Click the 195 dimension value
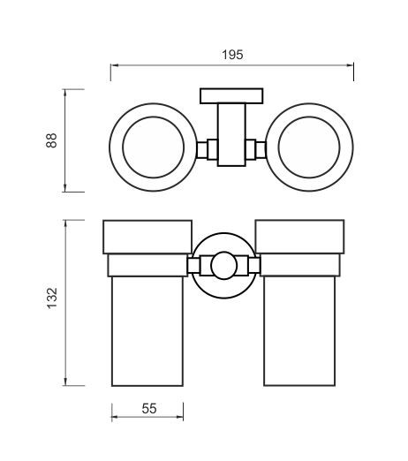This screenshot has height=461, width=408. (232, 55)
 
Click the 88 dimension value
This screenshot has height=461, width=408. (51, 140)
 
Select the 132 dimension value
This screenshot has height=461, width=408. (52, 298)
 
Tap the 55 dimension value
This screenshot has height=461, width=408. (149, 409)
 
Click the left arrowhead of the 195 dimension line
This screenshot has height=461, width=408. (114, 65)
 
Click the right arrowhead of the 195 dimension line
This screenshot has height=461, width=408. (350, 65)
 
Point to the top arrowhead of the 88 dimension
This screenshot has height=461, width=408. (65, 93)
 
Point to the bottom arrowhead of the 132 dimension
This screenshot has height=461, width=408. (65, 382)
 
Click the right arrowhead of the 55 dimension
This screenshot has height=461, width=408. (179, 417)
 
